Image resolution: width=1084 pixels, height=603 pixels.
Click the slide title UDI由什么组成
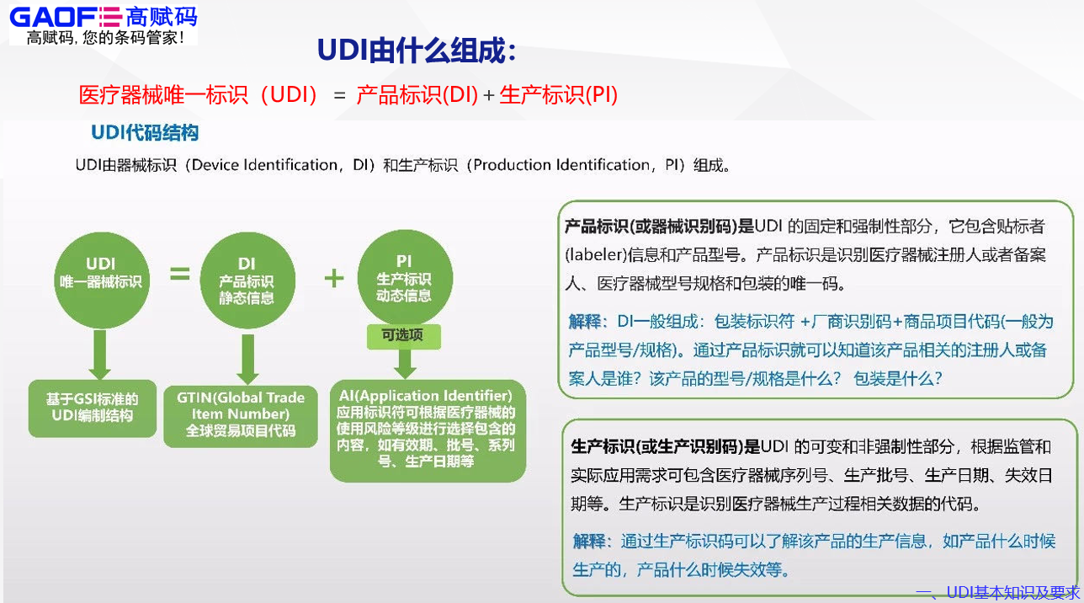pos(416,51)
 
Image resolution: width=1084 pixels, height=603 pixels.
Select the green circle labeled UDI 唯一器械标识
pos(101,274)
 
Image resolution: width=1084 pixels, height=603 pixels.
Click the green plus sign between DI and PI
pos(334,278)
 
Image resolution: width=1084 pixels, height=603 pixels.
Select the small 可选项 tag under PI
pos(404,336)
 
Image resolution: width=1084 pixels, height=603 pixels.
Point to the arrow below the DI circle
pos(247,358)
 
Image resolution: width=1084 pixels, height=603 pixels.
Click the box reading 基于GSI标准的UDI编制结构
pos(93,408)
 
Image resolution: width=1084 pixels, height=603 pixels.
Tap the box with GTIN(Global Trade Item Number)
pos(241,414)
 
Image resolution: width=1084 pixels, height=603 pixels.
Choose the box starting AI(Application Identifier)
pos(428,430)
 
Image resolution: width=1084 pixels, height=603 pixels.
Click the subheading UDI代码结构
pos(145,133)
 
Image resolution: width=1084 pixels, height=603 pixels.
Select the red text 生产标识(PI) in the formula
pos(559,95)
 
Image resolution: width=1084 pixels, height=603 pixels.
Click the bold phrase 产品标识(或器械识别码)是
pos(659,227)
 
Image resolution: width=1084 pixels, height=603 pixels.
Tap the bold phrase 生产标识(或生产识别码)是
pos(666,446)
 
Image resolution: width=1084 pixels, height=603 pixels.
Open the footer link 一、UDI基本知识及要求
pos(998,593)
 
